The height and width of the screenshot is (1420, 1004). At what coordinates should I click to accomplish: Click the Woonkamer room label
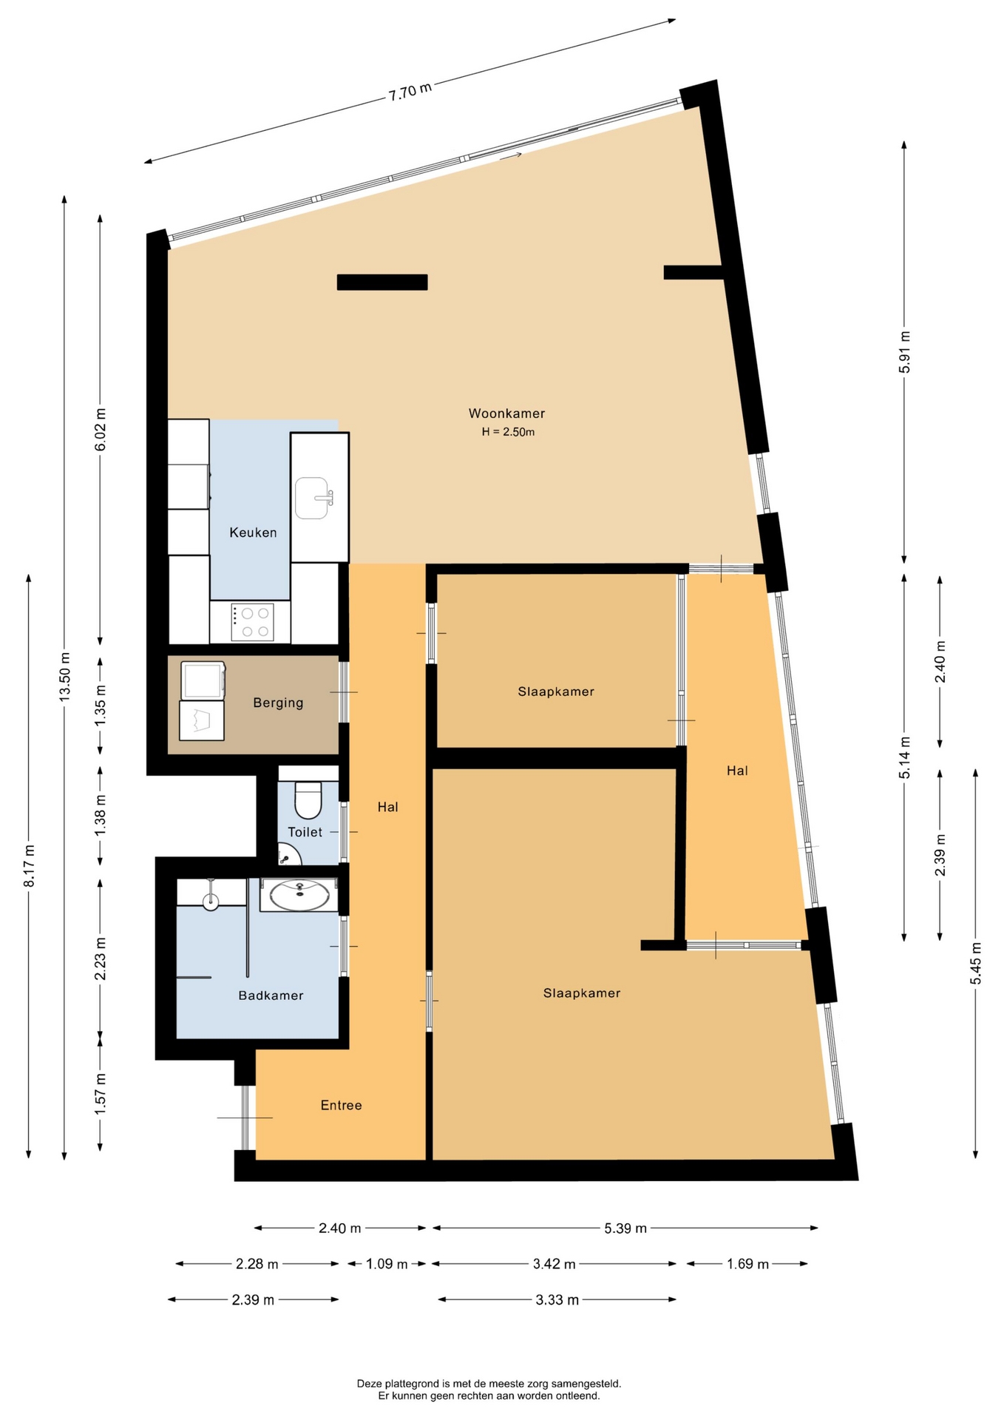click(506, 413)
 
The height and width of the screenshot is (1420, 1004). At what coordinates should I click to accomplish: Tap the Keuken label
click(253, 532)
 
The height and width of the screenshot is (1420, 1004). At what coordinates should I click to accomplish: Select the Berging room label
click(278, 703)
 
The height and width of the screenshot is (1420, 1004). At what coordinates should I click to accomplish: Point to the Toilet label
click(305, 832)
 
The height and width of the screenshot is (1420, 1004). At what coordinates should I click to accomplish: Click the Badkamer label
click(271, 995)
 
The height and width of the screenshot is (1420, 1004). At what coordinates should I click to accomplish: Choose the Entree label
click(341, 1105)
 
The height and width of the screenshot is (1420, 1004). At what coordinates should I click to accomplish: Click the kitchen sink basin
click(312, 498)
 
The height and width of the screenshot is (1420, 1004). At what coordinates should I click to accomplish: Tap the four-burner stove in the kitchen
click(252, 622)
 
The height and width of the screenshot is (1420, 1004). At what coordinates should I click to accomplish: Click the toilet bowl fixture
click(308, 799)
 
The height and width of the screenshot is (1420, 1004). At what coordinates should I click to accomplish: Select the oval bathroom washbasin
click(299, 896)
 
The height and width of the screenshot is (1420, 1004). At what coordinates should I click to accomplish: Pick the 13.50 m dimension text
click(65, 677)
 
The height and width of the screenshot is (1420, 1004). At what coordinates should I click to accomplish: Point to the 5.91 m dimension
click(904, 353)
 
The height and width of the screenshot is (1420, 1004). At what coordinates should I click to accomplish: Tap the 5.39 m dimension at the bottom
click(625, 1228)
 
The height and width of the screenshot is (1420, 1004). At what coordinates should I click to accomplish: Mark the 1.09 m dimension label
click(387, 1264)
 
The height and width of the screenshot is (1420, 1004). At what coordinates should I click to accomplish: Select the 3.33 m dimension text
click(557, 1299)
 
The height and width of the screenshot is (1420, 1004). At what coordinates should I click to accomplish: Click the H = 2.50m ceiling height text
click(508, 432)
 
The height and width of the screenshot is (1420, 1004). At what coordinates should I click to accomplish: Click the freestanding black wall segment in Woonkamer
click(382, 282)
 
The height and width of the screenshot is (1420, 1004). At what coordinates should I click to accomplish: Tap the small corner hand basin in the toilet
click(288, 855)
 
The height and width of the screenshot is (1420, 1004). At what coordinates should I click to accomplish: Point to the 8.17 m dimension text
click(30, 865)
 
